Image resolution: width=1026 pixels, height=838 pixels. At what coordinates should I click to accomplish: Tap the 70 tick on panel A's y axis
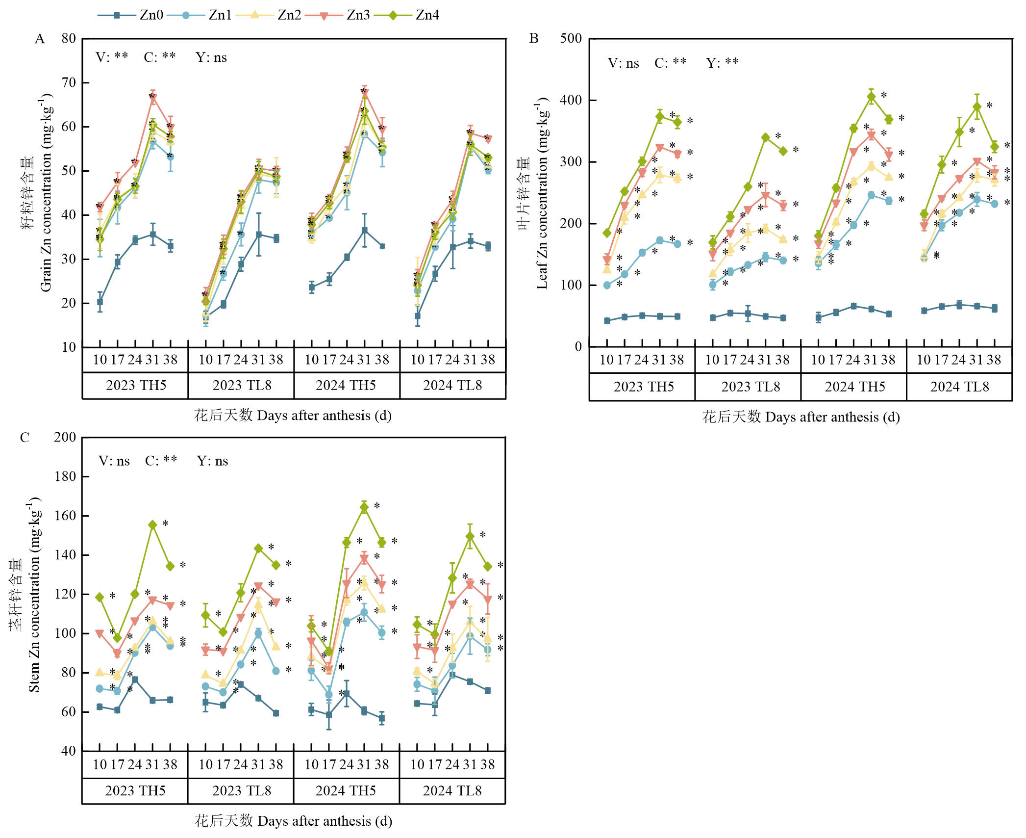pyautogui.click(x=69, y=82)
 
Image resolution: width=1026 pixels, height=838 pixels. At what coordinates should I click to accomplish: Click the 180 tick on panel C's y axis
pyautogui.click(x=65, y=476)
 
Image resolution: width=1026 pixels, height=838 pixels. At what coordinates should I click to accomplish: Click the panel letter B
pyautogui.click(x=534, y=39)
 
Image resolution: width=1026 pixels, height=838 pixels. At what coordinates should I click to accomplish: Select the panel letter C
pyautogui.click(x=25, y=438)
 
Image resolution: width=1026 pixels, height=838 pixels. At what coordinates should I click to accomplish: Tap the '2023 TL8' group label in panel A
pyautogui.click(x=242, y=386)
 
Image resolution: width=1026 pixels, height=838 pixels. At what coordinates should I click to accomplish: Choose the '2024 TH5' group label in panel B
pyautogui.click(x=855, y=387)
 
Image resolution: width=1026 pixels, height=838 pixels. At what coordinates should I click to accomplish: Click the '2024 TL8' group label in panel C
pyautogui.click(x=452, y=791)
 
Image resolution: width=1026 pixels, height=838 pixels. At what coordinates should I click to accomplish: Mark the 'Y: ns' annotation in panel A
pyautogui.click(x=211, y=58)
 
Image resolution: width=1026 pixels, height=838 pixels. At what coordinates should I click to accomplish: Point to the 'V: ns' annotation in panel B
pyautogui.click(x=623, y=63)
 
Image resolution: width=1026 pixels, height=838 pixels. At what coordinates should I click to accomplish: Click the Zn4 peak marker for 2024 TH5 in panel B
pyautogui.click(x=871, y=97)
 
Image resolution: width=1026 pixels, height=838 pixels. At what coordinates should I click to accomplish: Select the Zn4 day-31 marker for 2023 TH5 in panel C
pyautogui.click(x=152, y=525)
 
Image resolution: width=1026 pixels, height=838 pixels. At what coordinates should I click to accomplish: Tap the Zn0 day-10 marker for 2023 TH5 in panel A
pyautogui.click(x=100, y=302)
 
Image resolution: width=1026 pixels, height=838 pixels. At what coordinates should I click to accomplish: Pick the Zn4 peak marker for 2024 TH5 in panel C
pyautogui.click(x=364, y=508)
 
